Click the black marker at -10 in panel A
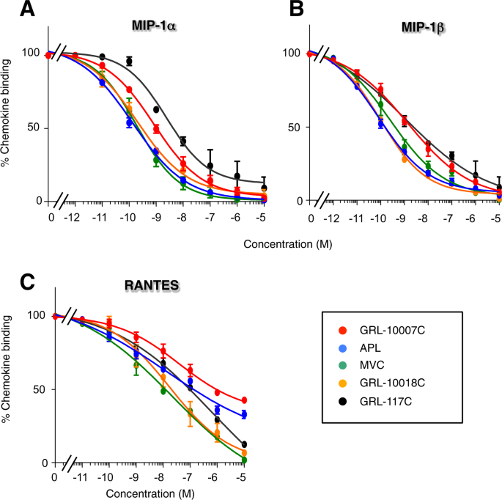click(x=129, y=62)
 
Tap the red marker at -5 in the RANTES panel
click(x=244, y=400)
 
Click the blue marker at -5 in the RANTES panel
click(x=244, y=415)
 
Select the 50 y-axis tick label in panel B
click(x=293, y=128)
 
